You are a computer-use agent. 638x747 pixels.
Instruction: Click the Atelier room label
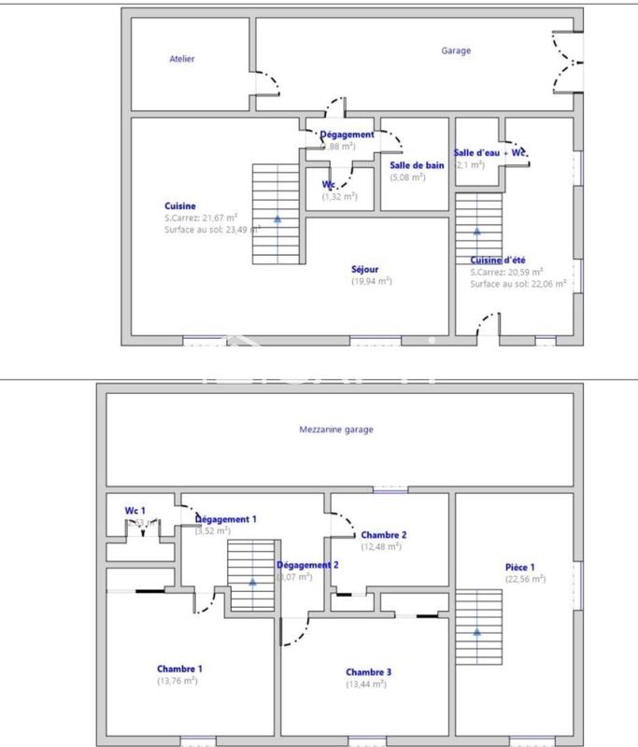182,59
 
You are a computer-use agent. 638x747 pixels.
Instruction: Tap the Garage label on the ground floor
456,51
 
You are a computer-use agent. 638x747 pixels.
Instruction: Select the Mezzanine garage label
335,430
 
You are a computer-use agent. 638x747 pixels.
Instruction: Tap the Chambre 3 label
368,672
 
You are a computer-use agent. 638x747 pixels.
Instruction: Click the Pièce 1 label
519,567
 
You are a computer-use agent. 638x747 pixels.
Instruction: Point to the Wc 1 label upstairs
135,511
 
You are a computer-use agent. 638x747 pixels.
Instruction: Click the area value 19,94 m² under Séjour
371,280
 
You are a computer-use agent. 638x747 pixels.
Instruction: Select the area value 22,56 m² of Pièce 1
525,579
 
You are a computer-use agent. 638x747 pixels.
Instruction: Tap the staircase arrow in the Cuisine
277,218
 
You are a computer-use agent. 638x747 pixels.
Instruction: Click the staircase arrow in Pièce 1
476,631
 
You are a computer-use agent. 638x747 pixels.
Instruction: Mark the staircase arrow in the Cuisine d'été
477,230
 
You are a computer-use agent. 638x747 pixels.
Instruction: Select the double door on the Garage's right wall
567,61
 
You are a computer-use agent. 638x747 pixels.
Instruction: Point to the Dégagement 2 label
307,565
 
